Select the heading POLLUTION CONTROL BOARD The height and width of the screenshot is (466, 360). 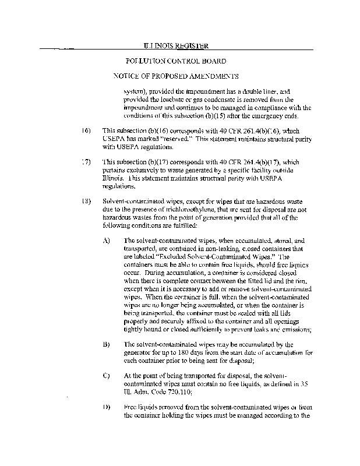coord(176,61)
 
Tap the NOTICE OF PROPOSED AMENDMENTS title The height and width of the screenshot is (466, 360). coord(176,76)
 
